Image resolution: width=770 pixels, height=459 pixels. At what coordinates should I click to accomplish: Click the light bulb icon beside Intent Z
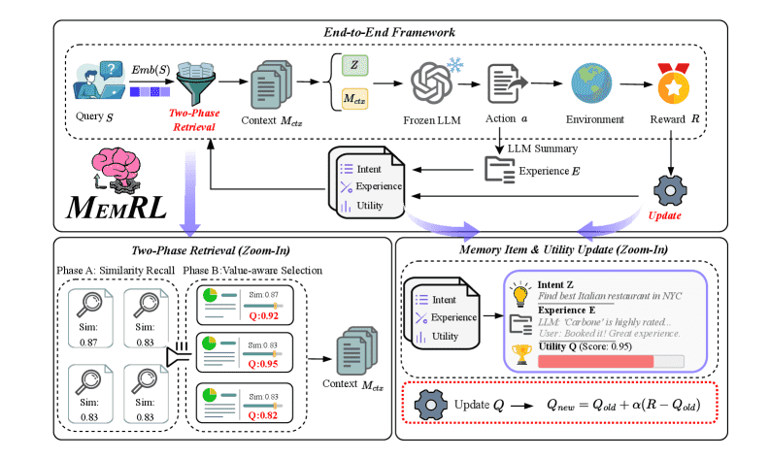[x=519, y=294]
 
